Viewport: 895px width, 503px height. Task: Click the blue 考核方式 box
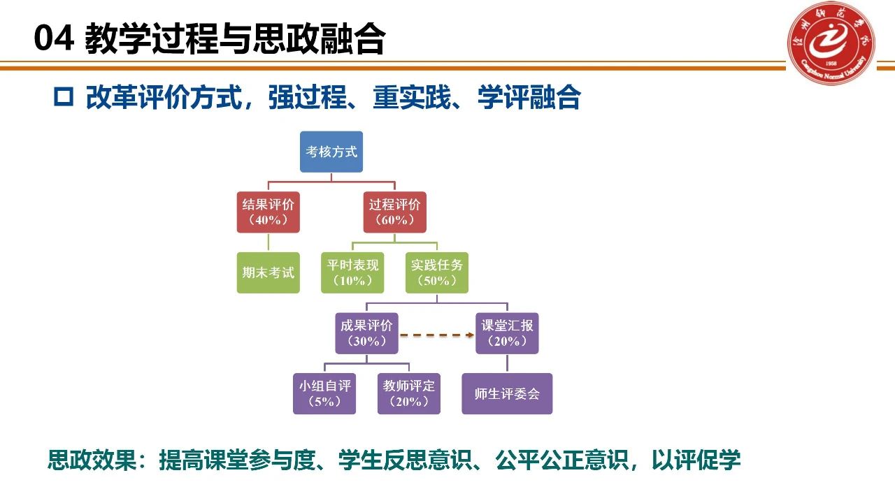point(331,152)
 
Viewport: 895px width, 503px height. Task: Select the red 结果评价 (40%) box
point(268,212)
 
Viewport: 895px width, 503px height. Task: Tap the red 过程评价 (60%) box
point(395,212)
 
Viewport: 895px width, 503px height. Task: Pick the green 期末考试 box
point(268,272)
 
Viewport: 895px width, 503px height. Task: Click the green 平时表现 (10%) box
point(352,272)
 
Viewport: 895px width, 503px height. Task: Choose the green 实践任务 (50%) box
point(437,272)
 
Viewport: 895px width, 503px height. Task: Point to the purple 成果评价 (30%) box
point(366,333)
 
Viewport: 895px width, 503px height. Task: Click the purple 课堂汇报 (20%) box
point(507,333)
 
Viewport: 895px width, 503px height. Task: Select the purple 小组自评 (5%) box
point(324,394)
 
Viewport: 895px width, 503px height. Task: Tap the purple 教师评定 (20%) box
point(409,394)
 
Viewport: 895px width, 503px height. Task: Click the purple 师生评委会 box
point(507,394)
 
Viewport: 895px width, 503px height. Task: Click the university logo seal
point(833,43)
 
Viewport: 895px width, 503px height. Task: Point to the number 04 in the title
point(54,40)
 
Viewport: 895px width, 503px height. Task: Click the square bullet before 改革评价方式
point(64,98)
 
